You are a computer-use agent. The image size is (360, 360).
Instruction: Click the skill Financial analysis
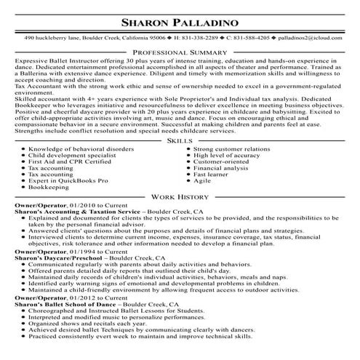(222, 168)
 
